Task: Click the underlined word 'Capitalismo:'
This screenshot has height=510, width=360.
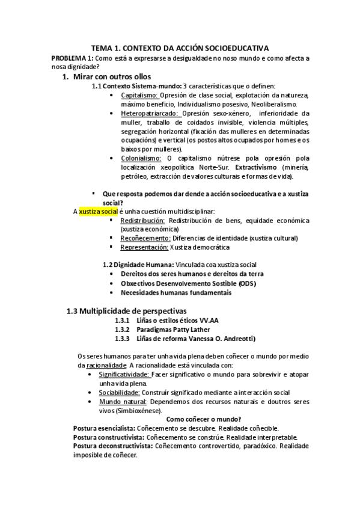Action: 139,96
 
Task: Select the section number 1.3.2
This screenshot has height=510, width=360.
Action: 123,330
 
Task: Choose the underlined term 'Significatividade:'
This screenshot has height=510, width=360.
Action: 124,374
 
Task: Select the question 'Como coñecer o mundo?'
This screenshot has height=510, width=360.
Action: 203,419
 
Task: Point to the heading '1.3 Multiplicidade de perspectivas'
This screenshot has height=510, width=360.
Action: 126,310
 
